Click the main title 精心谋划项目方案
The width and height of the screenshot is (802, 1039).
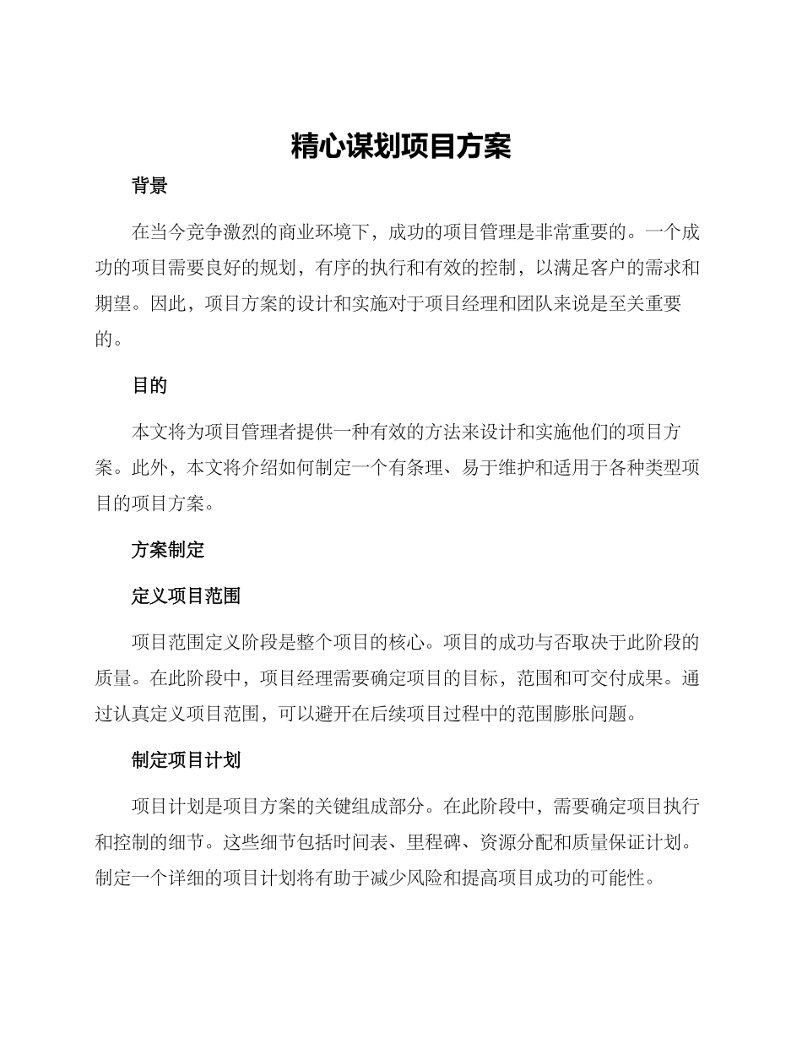coord(401,146)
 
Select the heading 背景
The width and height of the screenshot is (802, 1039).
coord(149,187)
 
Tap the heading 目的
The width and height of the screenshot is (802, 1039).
coord(149,386)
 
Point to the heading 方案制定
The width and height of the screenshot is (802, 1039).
coord(168,551)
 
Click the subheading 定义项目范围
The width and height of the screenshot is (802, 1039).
coord(186,596)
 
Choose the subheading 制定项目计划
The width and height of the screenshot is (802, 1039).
coord(186,760)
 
